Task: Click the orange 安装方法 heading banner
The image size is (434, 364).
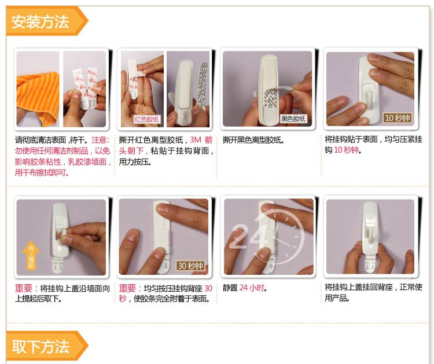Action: pyautogui.click(x=46, y=21)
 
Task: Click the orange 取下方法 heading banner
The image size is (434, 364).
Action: pyautogui.click(x=46, y=346)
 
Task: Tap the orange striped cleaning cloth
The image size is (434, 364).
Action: pyautogui.click(x=38, y=97)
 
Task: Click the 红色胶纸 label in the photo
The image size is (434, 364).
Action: pyautogui.click(x=147, y=119)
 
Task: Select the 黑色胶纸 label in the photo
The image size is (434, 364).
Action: pyautogui.click(x=293, y=119)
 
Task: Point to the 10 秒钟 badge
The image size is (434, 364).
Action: pyautogui.click(x=397, y=118)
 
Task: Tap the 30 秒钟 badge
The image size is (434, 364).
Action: pyautogui.click(x=190, y=266)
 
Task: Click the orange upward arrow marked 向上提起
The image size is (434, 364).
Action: pyautogui.click(x=31, y=255)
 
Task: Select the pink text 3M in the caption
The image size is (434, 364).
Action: pyautogui.click(x=196, y=139)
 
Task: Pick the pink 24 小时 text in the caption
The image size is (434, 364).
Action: pyautogui.click(x=252, y=288)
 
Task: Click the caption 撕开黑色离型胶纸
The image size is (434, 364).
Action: pyautogui.click(x=254, y=140)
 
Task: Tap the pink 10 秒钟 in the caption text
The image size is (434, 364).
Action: pyautogui.click(x=347, y=150)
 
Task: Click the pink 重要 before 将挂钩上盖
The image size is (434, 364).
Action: pyautogui.click(x=24, y=288)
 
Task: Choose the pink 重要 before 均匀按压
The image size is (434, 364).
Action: pyautogui.click(x=127, y=288)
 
